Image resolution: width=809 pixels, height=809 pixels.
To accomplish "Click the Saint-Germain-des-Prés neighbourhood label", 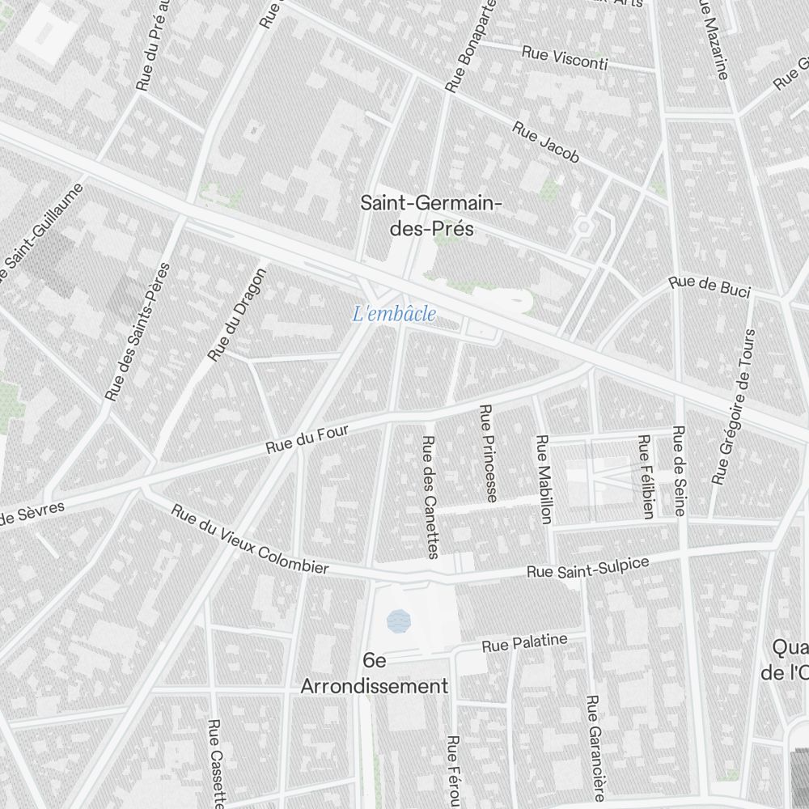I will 430,216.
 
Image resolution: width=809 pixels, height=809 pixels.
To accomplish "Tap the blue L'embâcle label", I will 395,314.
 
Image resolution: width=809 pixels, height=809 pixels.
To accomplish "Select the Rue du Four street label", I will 307,440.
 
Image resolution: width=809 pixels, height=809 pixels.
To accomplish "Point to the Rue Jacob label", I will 546,142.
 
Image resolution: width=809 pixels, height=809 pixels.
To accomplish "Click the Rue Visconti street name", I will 565,57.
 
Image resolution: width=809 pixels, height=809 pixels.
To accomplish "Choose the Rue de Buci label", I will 709,286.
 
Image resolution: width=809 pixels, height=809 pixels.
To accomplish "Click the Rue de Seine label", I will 679,470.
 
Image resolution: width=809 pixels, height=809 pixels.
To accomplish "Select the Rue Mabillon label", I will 544,479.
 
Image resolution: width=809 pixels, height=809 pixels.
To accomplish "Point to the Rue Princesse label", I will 488,453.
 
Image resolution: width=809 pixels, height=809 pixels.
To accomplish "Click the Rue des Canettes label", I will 430,497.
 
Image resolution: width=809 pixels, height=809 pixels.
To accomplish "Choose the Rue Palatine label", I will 524,643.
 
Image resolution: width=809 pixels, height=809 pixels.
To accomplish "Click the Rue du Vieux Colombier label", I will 250,540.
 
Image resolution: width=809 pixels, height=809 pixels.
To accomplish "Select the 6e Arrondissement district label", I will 374,674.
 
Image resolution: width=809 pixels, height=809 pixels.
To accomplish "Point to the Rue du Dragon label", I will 236,315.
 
